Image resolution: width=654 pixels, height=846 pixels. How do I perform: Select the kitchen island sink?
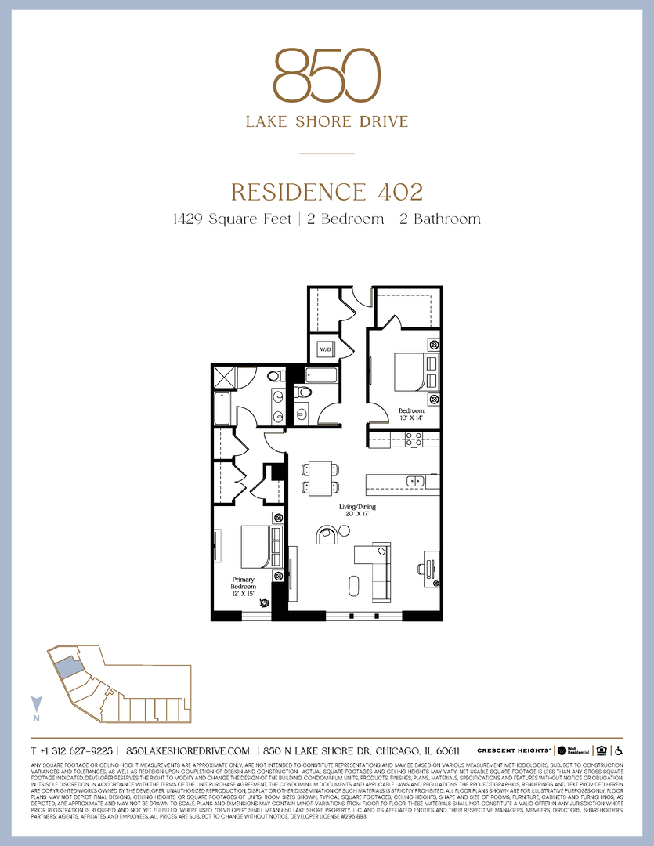click(x=414, y=480)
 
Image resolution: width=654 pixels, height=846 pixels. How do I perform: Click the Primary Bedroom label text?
click(x=243, y=582)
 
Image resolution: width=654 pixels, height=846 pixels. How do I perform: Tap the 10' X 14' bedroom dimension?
click(x=411, y=418)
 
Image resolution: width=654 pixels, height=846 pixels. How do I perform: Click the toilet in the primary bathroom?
click(x=274, y=377)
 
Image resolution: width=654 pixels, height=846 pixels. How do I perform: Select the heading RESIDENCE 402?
click(x=327, y=191)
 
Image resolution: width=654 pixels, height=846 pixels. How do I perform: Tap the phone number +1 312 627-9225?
click(x=72, y=750)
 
